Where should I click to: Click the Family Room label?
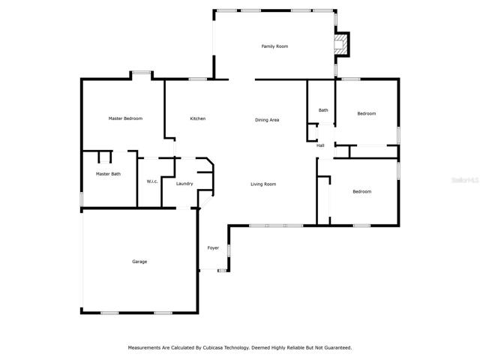tap(274, 46)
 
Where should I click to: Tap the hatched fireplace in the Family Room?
tap(340, 45)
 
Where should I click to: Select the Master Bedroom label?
tap(125, 118)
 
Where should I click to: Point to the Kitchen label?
tap(198, 118)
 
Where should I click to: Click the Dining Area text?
tap(267, 120)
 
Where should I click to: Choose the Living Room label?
tap(263, 184)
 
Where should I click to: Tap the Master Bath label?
tap(108, 174)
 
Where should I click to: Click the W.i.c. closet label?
tap(152, 181)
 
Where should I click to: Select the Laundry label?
tap(184, 184)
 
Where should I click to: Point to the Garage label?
tap(139, 262)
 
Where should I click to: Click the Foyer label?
tap(213, 248)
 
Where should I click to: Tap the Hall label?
tap(320, 145)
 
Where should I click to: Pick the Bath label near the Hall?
tap(323, 110)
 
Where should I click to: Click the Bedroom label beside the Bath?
tap(367, 113)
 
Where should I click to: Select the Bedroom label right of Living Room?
tap(361, 192)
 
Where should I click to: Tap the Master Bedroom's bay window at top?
tap(141, 73)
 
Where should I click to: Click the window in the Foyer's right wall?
tap(229, 250)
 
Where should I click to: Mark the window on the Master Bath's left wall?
tap(82, 199)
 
